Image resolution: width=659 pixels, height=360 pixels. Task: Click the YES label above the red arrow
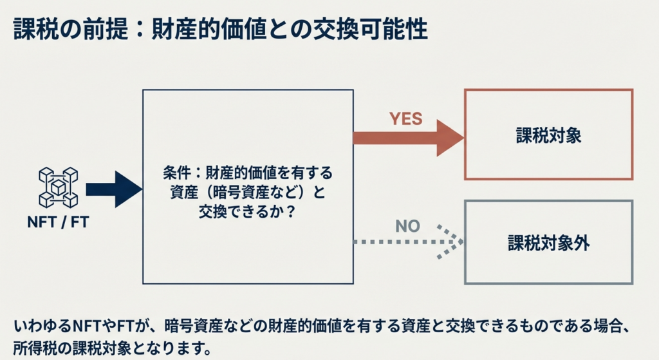click(405, 118)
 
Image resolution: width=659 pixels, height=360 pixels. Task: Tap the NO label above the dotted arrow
click(407, 226)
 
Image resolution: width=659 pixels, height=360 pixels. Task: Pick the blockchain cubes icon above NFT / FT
click(58, 187)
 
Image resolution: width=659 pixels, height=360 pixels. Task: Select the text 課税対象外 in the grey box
click(548, 243)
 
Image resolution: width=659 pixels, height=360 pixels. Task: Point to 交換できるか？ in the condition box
click(247, 211)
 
